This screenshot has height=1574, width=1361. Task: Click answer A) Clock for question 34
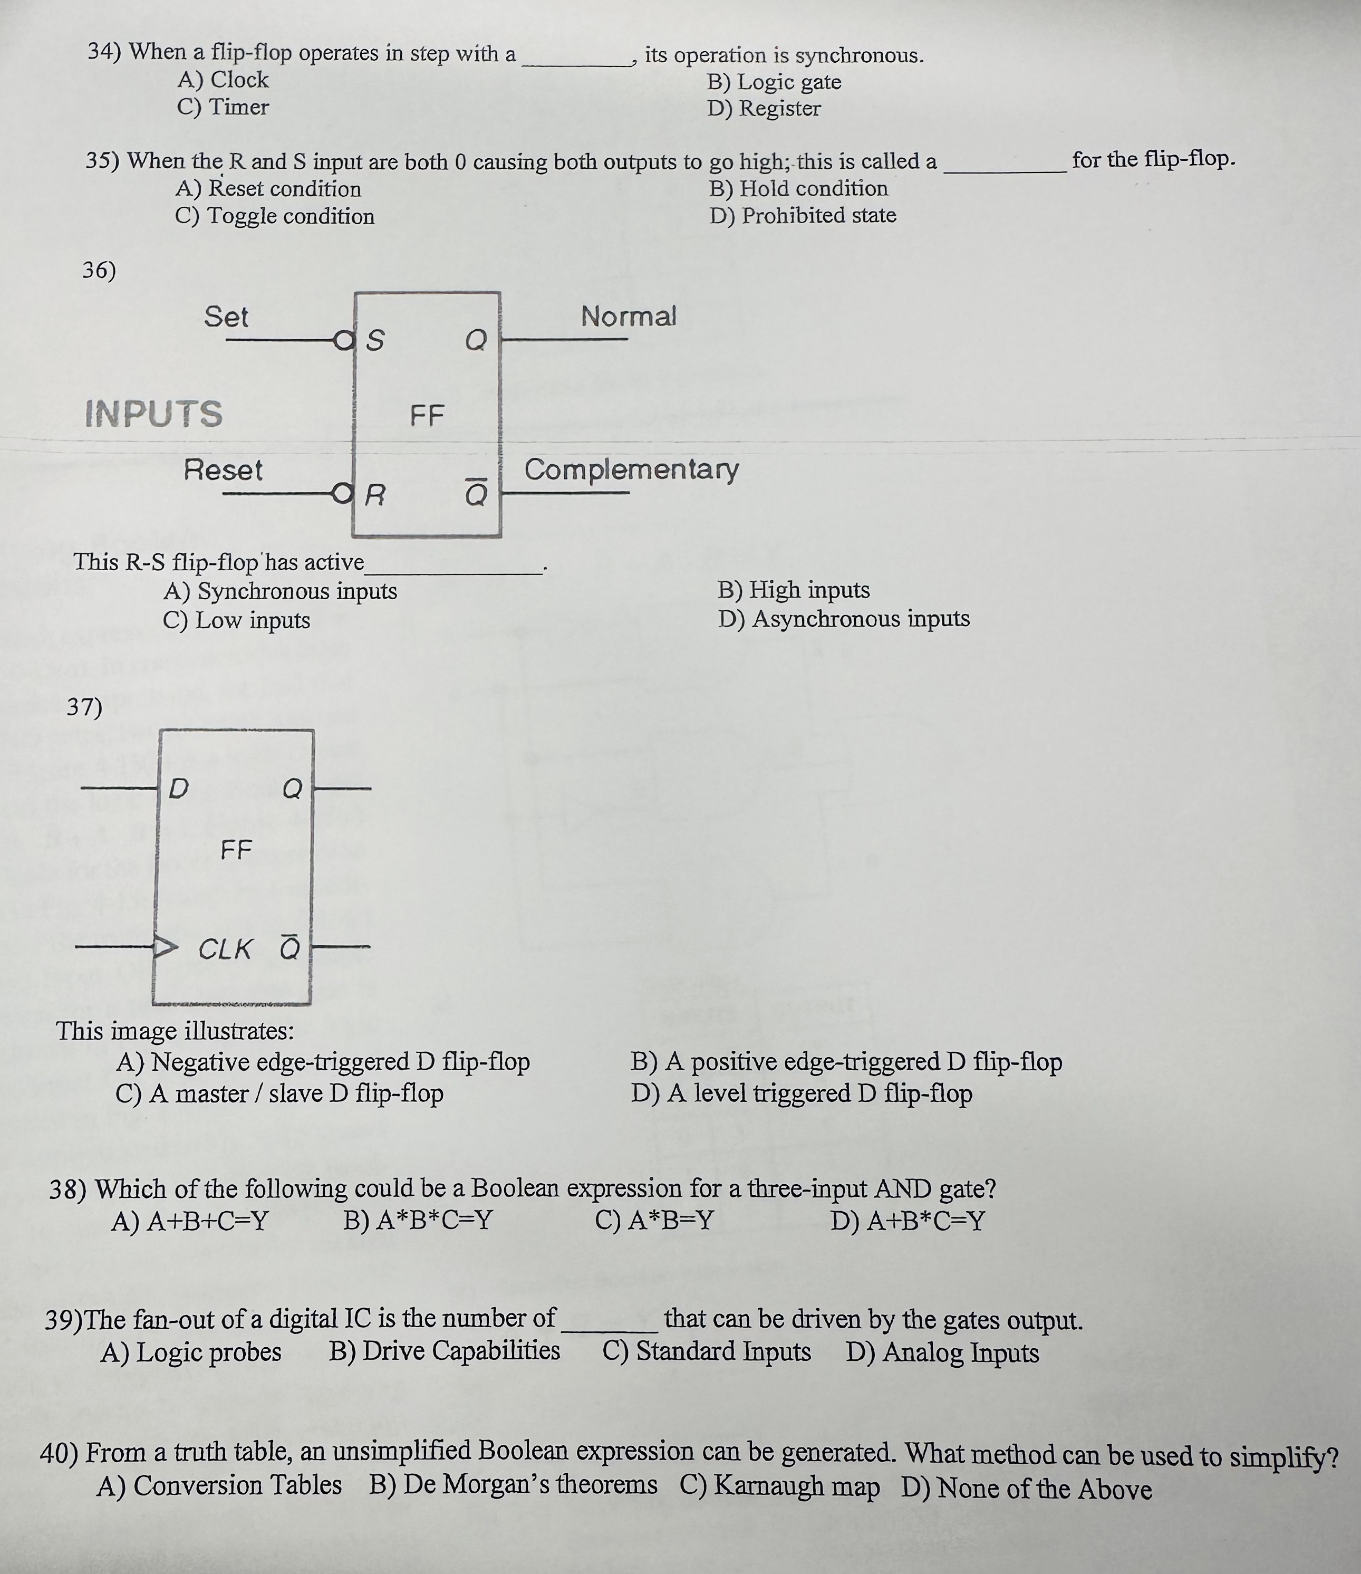223,80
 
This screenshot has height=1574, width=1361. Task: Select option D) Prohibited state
803,216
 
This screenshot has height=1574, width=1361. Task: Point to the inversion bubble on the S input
344,340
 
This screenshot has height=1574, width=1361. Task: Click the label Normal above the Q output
628,316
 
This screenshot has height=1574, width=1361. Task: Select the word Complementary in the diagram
631,470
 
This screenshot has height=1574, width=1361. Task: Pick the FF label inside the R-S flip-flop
427,416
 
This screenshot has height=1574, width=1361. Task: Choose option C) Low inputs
236,621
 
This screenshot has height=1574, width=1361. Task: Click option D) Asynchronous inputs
844,619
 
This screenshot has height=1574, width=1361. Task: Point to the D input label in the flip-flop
178,789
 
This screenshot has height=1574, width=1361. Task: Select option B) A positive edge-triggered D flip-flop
846,1062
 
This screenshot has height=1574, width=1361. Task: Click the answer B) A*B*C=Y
418,1221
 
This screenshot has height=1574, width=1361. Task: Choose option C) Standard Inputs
706,1351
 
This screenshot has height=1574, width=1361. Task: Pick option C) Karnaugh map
779,1486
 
